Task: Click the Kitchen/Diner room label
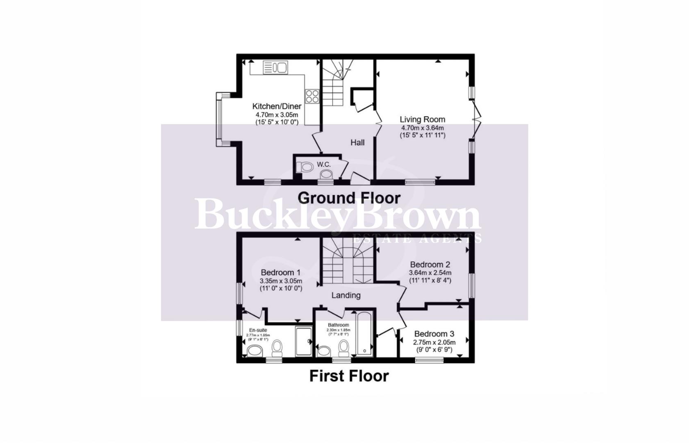click(x=277, y=106)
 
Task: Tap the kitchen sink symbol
click(x=275, y=67)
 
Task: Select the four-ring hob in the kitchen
click(x=312, y=96)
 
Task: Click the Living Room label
click(x=422, y=119)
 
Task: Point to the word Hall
click(x=357, y=143)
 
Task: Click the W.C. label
click(x=324, y=164)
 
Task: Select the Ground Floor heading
click(x=349, y=198)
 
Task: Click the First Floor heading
click(x=349, y=376)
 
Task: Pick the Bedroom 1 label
click(x=281, y=272)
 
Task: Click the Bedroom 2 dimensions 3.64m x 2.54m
click(x=430, y=273)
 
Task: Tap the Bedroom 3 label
click(x=434, y=334)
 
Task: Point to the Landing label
click(x=346, y=295)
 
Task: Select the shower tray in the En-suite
click(x=304, y=341)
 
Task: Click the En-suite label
click(x=258, y=330)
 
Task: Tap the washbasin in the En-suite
click(x=255, y=351)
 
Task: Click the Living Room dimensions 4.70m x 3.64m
click(x=422, y=128)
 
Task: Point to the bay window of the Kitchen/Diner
click(x=220, y=119)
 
